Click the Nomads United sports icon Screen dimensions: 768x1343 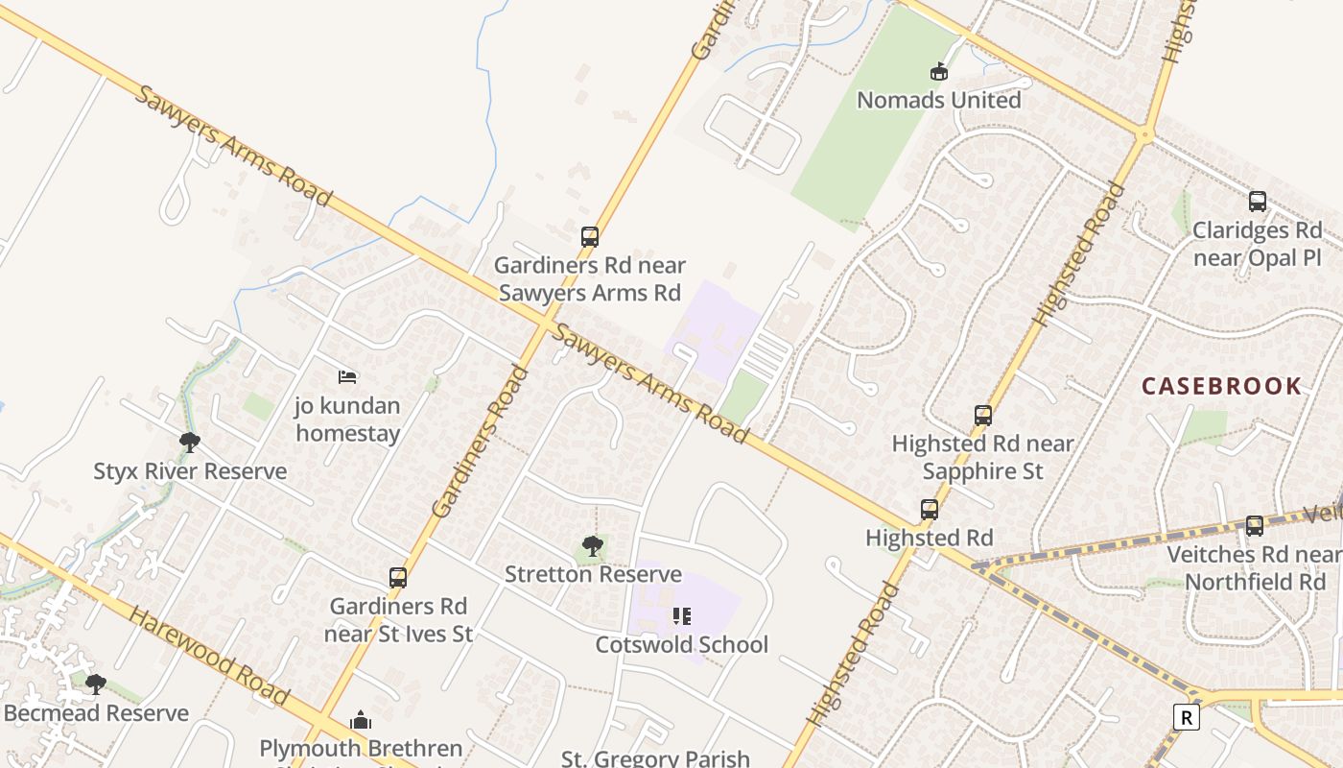[x=938, y=72]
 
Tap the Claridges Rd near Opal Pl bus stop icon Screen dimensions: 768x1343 [x=1257, y=202]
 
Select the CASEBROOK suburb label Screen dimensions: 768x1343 [x=1221, y=387]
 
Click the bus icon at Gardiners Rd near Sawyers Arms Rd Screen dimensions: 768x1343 [x=590, y=237]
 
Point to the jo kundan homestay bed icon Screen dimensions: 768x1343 [x=347, y=377]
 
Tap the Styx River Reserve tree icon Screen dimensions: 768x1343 [x=190, y=443]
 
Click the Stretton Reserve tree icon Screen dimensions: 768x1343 [x=593, y=546]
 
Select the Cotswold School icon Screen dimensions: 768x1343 [x=682, y=616]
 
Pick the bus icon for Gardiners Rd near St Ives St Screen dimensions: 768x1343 [x=398, y=578]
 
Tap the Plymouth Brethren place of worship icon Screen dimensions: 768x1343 [x=361, y=720]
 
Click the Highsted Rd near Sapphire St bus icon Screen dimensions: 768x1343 [x=983, y=416]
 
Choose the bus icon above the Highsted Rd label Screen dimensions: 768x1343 [x=930, y=510]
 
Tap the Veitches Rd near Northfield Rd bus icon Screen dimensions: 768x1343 [x=1255, y=526]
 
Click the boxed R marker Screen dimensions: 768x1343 [x=1187, y=717]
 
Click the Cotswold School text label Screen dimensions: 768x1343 [x=682, y=645]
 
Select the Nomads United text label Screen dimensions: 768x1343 [x=938, y=100]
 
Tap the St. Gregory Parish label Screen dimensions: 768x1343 [x=655, y=758]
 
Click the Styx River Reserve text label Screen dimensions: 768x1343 [x=190, y=471]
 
